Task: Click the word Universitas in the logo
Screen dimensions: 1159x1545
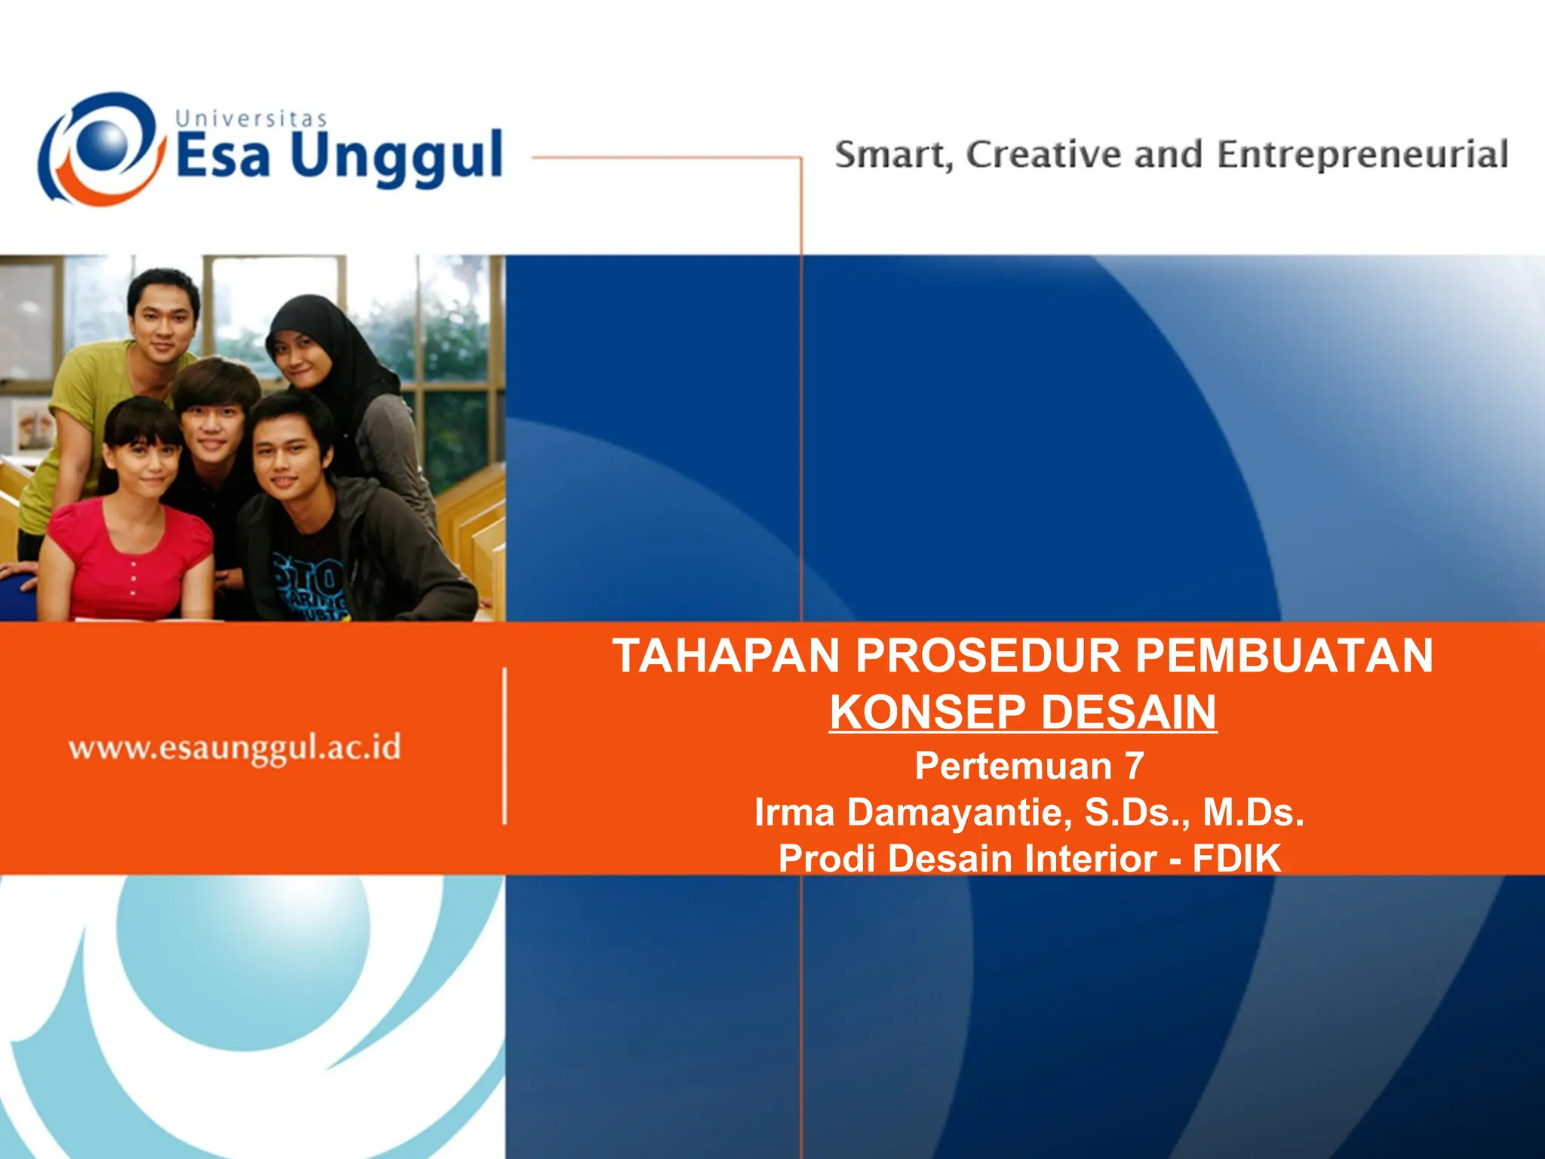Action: coord(251,119)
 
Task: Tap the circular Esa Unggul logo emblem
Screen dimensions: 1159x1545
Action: coord(102,149)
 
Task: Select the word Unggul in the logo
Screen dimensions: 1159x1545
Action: coord(396,157)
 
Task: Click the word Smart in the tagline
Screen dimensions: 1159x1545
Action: coord(890,155)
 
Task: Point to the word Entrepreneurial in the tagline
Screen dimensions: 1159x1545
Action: coord(1362,155)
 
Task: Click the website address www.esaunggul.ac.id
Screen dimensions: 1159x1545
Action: coord(235,748)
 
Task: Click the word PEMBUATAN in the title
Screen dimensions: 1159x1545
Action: coord(1284,655)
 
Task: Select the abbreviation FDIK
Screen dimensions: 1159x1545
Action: coord(1236,859)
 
